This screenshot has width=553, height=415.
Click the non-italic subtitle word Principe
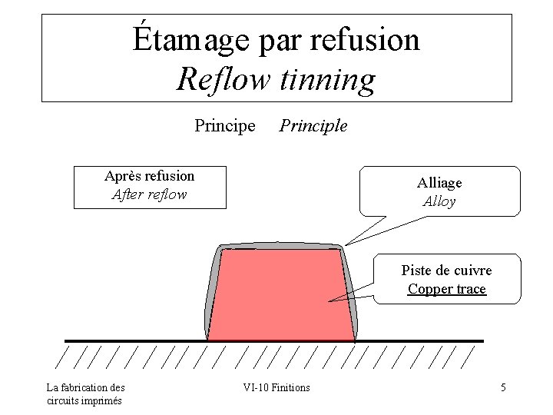[x=225, y=125]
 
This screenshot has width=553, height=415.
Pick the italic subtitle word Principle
[x=313, y=125]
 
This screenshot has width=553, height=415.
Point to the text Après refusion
[x=150, y=176]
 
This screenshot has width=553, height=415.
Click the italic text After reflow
[x=150, y=194]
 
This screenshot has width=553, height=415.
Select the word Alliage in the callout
[x=439, y=183]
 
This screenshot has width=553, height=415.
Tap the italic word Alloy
[x=439, y=202]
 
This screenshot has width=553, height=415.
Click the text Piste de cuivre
[x=446, y=271]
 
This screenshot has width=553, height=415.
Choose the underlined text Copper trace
[x=446, y=289]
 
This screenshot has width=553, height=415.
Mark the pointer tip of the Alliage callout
[x=345, y=245]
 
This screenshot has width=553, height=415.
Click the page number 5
[x=503, y=387]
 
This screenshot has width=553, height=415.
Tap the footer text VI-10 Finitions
[x=276, y=387]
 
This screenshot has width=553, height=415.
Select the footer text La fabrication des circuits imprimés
[x=85, y=393]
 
